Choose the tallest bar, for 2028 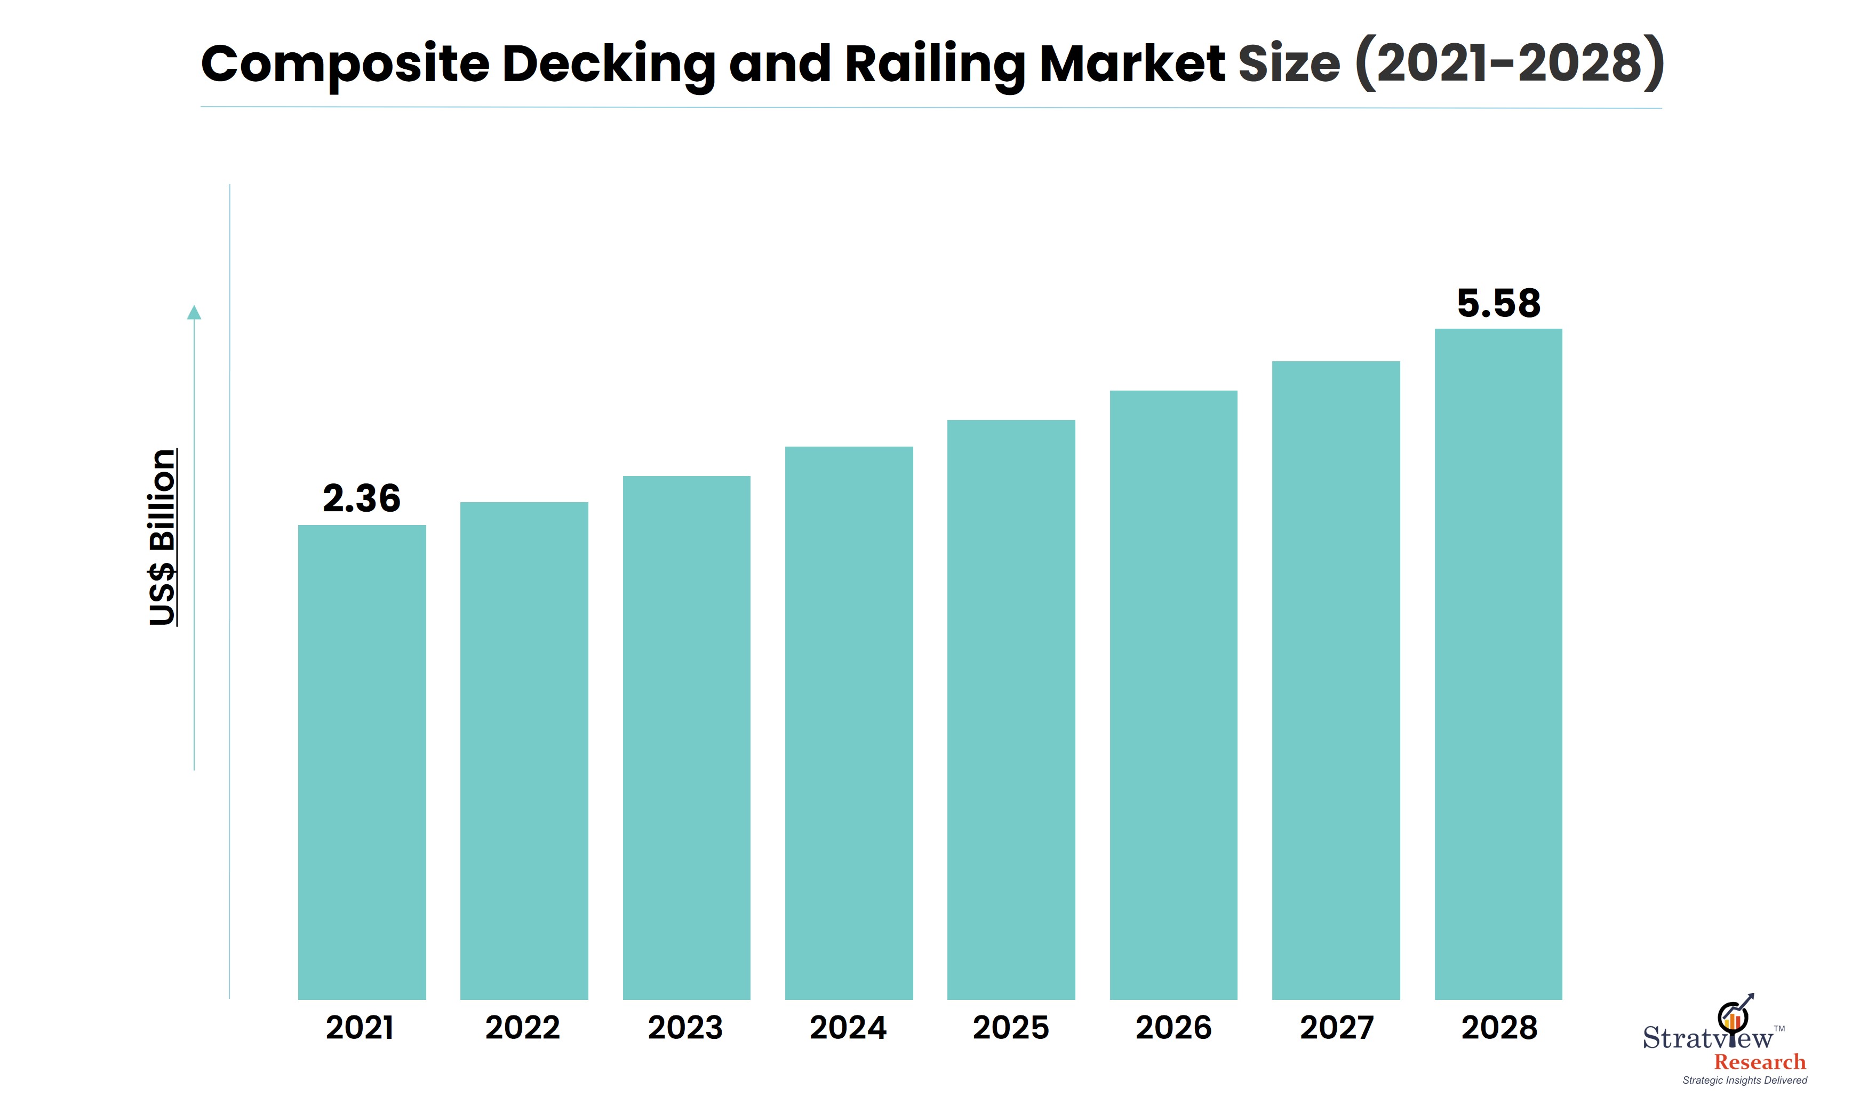(1498, 663)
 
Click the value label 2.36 (362, 498)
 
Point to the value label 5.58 (1498, 304)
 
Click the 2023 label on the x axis (685, 1027)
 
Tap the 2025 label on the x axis (1010, 1027)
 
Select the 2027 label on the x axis (1336, 1027)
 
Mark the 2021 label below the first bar (360, 1027)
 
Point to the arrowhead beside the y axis (194, 313)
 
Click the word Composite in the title (345, 65)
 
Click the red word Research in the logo (1759, 1062)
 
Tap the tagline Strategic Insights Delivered (1744, 1081)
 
